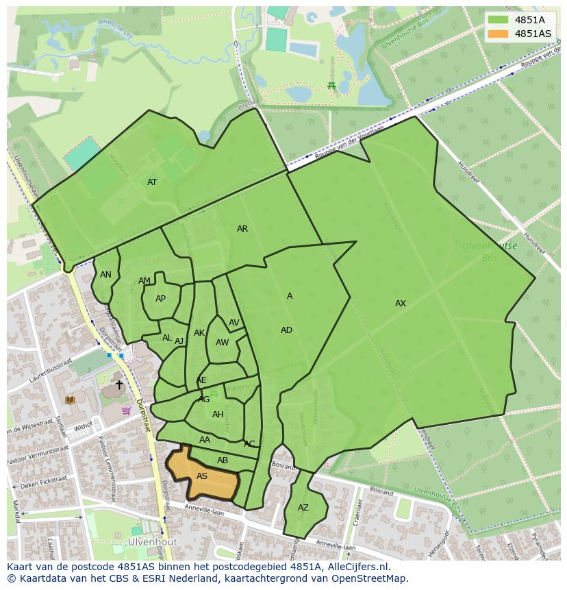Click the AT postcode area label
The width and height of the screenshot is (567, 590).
152,182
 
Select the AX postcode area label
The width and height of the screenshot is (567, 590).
401,304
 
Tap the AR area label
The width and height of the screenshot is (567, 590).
242,229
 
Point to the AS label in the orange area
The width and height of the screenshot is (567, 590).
202,476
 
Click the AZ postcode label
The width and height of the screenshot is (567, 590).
303,508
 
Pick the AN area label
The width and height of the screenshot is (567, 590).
105,275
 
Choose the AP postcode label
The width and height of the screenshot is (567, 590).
160,299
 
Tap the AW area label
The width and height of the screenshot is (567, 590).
222,343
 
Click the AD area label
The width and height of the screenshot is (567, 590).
286,330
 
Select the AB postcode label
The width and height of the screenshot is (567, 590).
223,460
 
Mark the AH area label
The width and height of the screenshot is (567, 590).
218,415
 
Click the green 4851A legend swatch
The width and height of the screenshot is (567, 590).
499,20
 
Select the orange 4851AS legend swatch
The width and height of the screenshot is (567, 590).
499,34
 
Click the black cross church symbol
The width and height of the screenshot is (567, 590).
119,385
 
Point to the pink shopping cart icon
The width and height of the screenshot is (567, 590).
126,410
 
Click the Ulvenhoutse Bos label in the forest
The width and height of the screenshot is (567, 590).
489,251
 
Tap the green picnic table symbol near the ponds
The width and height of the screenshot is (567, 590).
331,86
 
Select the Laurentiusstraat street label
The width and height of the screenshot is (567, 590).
51,368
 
